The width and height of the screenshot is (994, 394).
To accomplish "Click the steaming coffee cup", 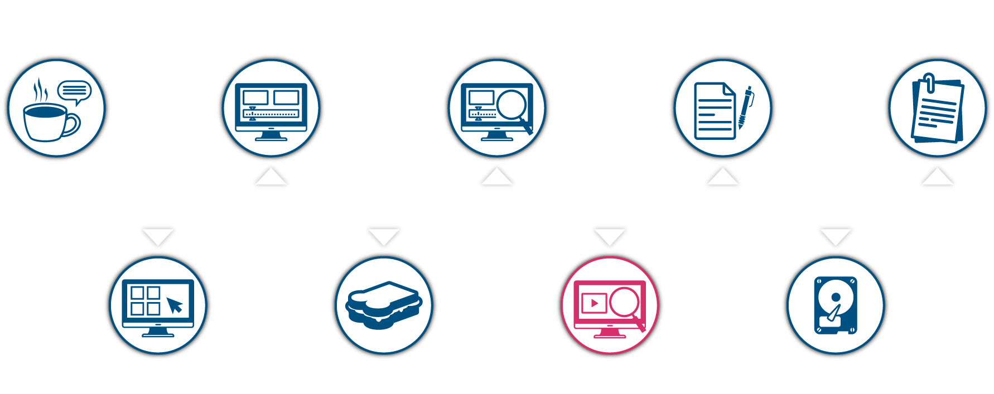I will coord(47,123).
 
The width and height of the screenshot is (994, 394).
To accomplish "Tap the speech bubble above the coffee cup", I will coord(74,91).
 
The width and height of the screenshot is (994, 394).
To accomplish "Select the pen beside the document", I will coord(745,108).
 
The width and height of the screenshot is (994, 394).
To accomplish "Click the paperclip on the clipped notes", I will coord(929,82).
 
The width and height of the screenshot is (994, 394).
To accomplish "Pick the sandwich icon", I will coord(384,305).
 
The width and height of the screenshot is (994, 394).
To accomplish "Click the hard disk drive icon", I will coord(835,305).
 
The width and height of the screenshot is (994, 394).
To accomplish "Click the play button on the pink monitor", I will coord(594,303).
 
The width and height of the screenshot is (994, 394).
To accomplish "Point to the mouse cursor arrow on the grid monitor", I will coord(175,305).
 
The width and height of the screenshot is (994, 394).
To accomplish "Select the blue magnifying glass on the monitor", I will coord(513,105).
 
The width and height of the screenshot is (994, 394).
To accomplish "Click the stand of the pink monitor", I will coord(609,333).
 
